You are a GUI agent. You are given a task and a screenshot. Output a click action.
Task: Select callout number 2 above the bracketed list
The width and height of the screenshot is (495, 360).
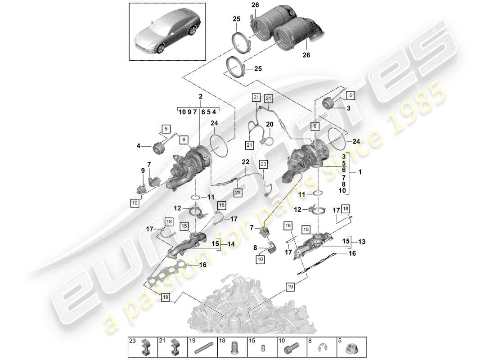pos(200,96)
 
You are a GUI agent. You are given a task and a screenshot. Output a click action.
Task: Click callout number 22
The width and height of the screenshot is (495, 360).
pos(245,162)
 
